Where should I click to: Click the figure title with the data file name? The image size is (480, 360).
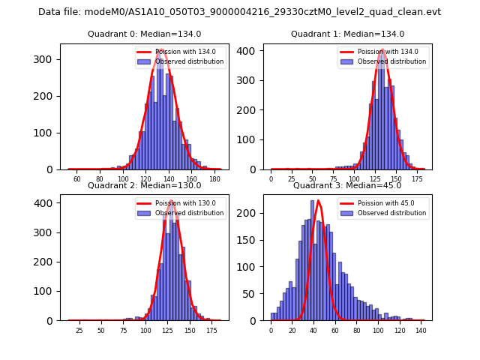pos(239,12)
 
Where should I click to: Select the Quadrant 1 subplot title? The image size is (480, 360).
pos(347,34)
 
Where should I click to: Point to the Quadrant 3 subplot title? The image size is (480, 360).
pos(347,185)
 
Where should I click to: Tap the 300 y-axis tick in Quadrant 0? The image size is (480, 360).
pos(49,59)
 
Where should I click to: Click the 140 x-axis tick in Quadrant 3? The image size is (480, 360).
pos(421,330)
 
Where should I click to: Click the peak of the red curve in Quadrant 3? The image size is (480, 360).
pos(319,200)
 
